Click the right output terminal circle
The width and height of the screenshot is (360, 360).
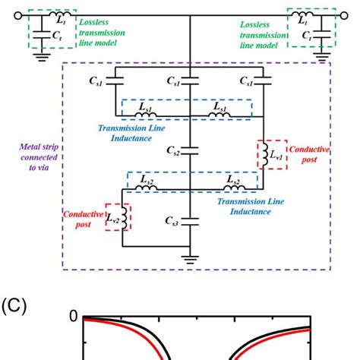[x=353, y=15]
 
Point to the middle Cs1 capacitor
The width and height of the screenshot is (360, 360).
[x=189, y=79]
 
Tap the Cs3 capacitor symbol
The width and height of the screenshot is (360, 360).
[x=189, y=221]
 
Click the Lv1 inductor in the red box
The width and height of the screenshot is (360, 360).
[x=262, y=155]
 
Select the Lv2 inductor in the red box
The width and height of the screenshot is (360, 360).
[x=122, y=219]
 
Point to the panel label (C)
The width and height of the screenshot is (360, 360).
[x=14, y=307]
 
